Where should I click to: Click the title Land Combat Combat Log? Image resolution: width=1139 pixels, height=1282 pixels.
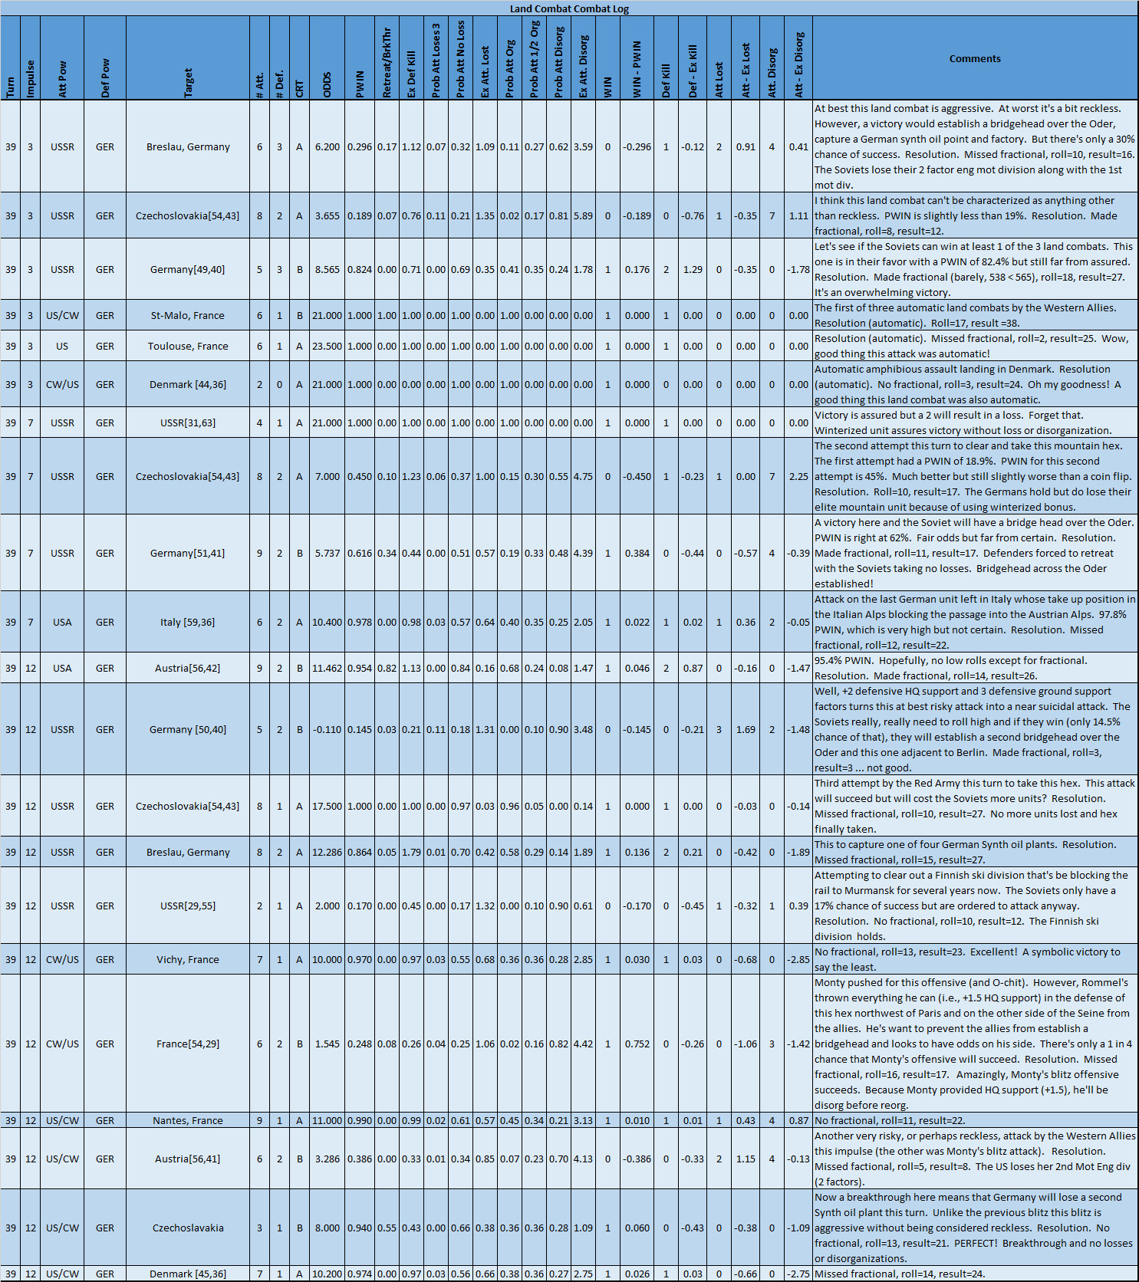point(569,8)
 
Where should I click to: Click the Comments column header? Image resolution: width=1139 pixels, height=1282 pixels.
point(974,58)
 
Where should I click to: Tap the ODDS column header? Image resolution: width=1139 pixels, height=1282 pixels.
point(328,84)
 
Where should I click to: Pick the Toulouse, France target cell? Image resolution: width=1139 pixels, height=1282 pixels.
point(188,346)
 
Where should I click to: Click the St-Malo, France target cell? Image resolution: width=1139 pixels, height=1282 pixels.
point(188,315)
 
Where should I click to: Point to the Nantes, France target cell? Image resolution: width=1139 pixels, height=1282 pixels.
point(188,1120)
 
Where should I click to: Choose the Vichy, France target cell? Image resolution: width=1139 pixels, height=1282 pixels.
point(188,959)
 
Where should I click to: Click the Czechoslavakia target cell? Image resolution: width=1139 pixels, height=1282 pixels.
point(188,1228)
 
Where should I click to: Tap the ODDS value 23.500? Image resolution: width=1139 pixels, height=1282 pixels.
point(328,346)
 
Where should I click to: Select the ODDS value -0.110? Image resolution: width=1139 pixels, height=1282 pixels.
point(328,729)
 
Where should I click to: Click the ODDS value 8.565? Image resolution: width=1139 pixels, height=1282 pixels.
point(328,269)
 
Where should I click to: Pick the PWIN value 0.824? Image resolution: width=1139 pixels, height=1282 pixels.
point(360,269)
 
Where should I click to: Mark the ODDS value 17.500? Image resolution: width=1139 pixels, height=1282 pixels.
point(328,806)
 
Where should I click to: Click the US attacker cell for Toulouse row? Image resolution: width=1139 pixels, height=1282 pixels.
point(62,346)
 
